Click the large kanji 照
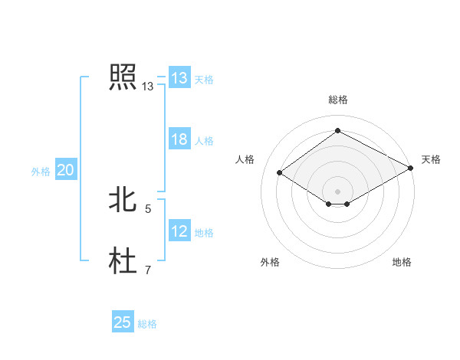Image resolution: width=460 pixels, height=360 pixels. pos(123,77)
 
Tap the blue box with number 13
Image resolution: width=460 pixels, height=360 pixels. pos(179,78)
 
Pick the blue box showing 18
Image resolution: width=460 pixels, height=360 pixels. pos(179,139)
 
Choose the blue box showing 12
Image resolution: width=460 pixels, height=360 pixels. pos(179,231)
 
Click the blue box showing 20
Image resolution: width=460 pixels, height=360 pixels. pos(65,171)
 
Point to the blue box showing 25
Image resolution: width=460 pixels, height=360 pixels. pos(123,322)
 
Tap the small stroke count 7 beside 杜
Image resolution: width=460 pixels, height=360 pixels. pos(148,270)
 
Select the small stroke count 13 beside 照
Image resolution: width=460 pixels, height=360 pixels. pos(148,87)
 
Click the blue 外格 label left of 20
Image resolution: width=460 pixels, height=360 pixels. pos(41,172)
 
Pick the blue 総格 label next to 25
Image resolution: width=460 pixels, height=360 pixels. pos(147,324)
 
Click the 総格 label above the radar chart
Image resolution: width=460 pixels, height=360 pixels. pos(337,100)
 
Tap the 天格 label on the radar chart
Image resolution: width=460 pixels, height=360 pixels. pos(431,159)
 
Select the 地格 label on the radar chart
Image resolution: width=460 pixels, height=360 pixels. pos(402,262)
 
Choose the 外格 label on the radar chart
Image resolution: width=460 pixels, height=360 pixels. pos(270,262)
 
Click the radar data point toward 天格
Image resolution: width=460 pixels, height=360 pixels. pos(412,168)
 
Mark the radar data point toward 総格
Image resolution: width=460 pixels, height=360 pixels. pos(337,131)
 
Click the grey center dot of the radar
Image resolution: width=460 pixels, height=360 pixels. pos(337,191)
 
